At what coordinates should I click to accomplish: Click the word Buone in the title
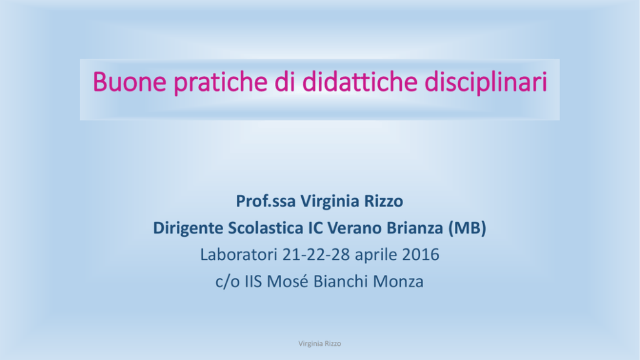[130, 81]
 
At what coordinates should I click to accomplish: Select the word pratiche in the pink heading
[221, 83]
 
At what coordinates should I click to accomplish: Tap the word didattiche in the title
[359, 81]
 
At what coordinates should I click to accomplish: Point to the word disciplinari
[486, 83]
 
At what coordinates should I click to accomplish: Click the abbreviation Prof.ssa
[266, 201]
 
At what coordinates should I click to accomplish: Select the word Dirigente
[188, 228]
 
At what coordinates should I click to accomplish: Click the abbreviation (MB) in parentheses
[467, 228]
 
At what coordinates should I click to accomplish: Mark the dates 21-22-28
[316, 255]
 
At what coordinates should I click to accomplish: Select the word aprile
[376, 255]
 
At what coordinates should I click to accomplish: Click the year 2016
[421, 255]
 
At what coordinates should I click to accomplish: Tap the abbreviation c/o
[227, 282]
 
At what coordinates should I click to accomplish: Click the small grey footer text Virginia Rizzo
[319, 344]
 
